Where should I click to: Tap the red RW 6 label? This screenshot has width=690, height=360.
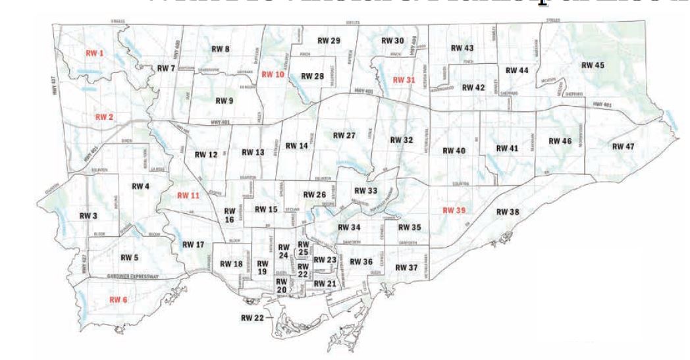pos(119,299)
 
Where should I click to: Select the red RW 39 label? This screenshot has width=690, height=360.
pos(454,210)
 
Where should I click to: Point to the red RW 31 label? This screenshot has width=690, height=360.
pos(404,80)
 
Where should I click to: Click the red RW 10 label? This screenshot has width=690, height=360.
pos(272,74)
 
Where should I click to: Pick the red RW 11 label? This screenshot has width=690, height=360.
pos(188,195)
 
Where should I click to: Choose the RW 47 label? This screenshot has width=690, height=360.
pos(623,146)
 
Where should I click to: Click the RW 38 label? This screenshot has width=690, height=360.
pos(508,211)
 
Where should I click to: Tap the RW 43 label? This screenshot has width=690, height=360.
pos(462,48)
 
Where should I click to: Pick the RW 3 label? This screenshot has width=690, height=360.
pos(89,215)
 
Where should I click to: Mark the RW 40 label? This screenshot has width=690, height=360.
pos(454,151)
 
